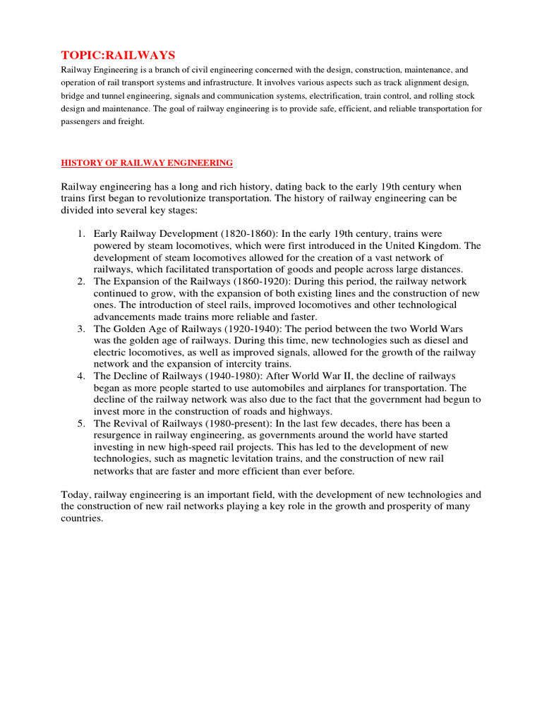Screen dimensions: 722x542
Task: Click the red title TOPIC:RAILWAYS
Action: pos(118,55)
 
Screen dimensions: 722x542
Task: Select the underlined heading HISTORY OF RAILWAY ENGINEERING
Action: pos(147,163)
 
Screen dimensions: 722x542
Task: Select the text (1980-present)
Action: pos(234,424)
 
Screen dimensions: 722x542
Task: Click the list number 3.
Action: pos(81,329)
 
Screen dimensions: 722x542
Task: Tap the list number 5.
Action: pos(81,424)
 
